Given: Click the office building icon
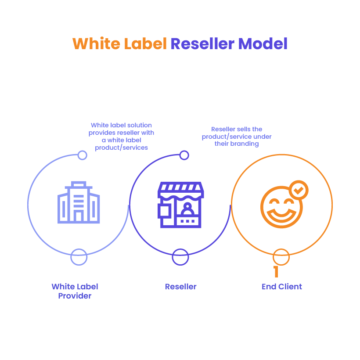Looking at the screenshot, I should (x=79, y=202).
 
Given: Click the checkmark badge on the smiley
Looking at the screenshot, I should (x=299, y=190).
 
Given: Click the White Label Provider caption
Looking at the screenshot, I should (x=75, y=291).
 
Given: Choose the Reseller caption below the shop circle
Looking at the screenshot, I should (x=181, y=287).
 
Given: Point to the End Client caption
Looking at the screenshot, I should (x=282, y=287).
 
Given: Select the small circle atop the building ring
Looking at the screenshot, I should (x=82, y=155).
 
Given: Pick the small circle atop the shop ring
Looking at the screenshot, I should (x=184, y=155).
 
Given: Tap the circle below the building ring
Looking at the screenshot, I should (x=79, y=257).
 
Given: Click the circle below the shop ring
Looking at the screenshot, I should (x=180, y=257).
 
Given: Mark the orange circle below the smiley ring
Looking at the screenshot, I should (x=281, y=257).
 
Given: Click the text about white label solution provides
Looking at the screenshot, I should (x=121, y=137).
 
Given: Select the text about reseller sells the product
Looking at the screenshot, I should (x=237, y=137).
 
